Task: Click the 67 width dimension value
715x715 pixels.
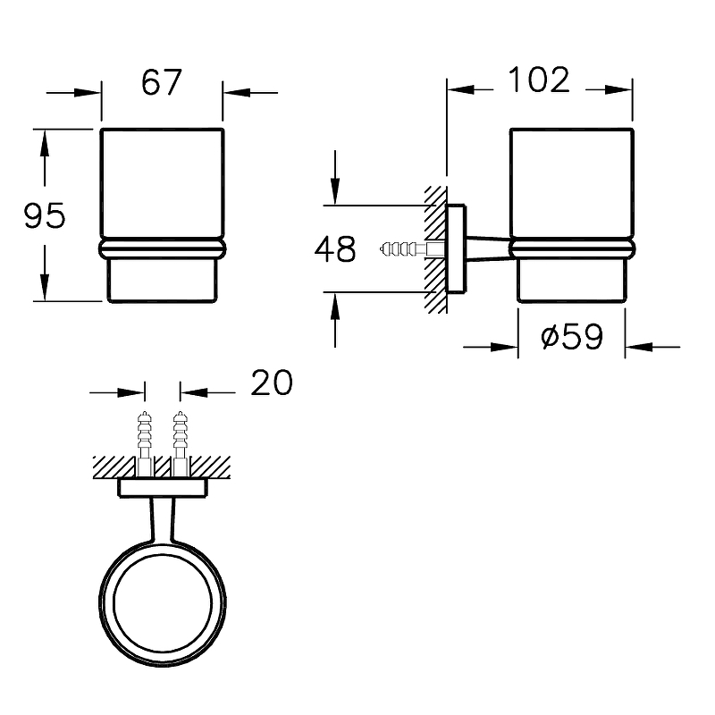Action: pyautogui.click(x=162, y=82)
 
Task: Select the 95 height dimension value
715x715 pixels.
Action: pyautogui.click(x=44, y=215)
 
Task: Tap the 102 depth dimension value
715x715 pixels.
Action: pyautogui.click(x=539, y=80)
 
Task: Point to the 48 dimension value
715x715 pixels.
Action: pyautogui.click(x=335, y=249)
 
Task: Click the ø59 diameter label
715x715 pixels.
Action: pyautogui.click(x=572, y=337)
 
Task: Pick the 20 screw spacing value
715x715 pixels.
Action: pyautogui.click(x=272, y=383)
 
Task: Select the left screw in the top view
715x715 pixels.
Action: pyautogui.click(x=145, y=442)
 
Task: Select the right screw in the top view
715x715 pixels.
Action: pyautogui.click(x=181, y=442)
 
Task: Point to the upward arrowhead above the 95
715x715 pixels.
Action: pyautogui.click(x=44, y=144)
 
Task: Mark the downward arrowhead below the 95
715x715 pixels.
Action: pyautogui.click(x=44, y=286)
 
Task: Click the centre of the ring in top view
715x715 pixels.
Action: pyautogui.click(x=163, y=604)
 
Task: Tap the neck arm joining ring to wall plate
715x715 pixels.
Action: pyautogui.click(x=163, y=520)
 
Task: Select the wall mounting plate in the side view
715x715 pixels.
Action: pyautogui.click(x=456, y=249)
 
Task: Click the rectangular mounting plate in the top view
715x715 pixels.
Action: pyautogui.click(x=163, y=487)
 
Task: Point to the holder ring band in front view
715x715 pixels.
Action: pyautogui.click(x=162, y=249)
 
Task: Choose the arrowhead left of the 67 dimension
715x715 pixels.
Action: pyautogui.click(x=87, y=93)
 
